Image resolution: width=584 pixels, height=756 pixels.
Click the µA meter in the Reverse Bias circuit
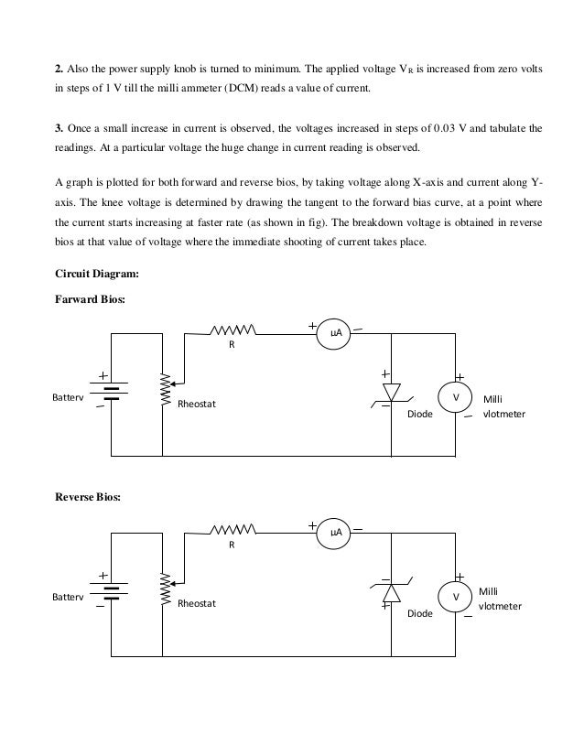(336, 533)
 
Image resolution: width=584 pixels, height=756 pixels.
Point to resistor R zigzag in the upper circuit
(233, 330)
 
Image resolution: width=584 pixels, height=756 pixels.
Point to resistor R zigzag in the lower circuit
(233, 528)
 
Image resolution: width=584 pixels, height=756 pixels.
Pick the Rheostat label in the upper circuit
(197, 404)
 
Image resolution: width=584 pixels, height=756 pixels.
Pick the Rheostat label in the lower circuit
(197, 603)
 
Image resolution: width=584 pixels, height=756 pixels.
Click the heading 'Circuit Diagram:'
(97, 273)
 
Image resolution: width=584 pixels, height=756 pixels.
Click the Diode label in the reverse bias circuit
(419, 613)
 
